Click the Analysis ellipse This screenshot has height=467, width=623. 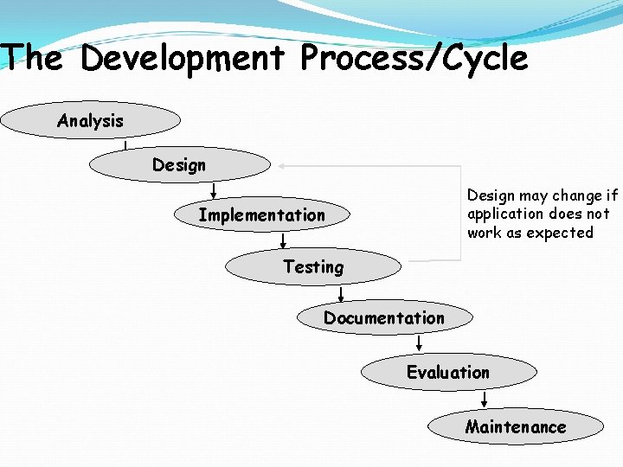coord(90,121)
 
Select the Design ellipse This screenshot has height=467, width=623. coord(180,164)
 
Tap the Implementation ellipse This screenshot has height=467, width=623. coord(261,214)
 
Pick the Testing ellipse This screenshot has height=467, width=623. coord(313,267)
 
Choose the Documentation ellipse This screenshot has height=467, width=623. coord(384,317)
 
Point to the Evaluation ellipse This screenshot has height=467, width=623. coord(448,372)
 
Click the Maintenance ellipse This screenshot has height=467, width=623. coord(516,426)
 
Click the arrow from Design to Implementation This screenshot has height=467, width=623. coord(214,190)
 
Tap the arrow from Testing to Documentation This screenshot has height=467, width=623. coord(341,293)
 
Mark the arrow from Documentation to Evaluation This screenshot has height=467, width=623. coord(419,344)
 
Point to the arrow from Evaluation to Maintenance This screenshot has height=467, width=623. coord(485,399)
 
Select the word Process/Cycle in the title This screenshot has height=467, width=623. coord(414,59)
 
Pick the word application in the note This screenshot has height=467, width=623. coord(506,214)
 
